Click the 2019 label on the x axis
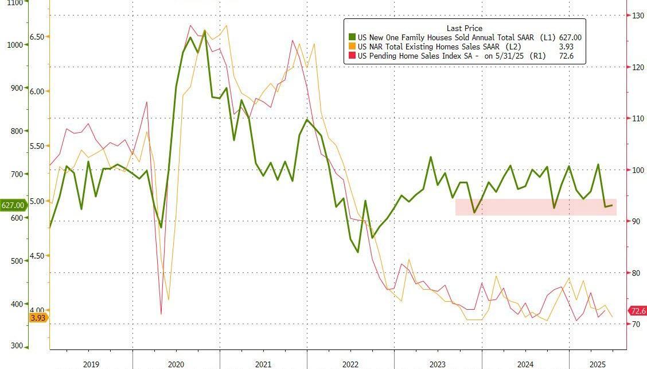(91, 364)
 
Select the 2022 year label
(350, 364)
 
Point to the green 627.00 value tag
(13, 205)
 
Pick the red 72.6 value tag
(638, 311)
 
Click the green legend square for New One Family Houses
(352, 37)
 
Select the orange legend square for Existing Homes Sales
(352, 47)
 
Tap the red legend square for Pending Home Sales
(352, 56)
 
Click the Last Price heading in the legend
(464, 28)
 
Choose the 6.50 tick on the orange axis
(37, 37)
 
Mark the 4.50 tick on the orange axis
(37, 256)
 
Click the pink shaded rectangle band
(536, 207)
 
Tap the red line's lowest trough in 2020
(161, 313)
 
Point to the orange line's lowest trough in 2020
(168, 299)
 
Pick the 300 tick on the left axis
(15, 347)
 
